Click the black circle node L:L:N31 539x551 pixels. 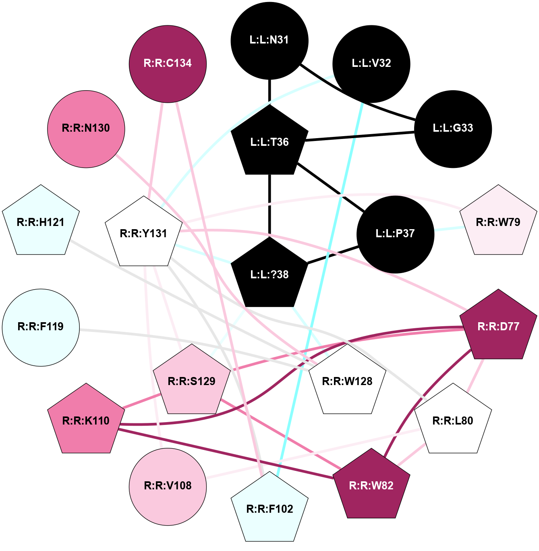[x=269, y=40]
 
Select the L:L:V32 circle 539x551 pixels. [x=371, y=64]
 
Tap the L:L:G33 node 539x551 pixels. [x=453, y=128]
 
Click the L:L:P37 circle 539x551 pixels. [x=395, y=234]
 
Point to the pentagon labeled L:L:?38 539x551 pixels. [x=269, y=275]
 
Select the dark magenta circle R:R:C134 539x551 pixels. [x=168, y=64]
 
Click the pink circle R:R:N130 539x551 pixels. [x=86, y=128]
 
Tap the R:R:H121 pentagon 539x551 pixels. [x=41, y=222]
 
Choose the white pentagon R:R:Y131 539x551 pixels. [x=143, y=234]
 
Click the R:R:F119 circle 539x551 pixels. [x=41, y=327]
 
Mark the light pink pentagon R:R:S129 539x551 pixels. [x=192, y=381]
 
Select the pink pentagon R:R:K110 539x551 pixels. [x=86, y=421]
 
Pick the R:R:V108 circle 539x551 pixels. [x=168, y=486]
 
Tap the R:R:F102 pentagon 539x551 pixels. [x=269, y=509]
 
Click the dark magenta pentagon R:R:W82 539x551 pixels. [x=371, y=486]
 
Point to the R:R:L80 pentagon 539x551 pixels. [x=453, y=421]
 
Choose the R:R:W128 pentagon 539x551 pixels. [x=347, y=381]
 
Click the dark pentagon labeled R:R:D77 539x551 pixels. [x=498, y=327]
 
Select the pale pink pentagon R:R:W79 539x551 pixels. [x=498, y=222]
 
